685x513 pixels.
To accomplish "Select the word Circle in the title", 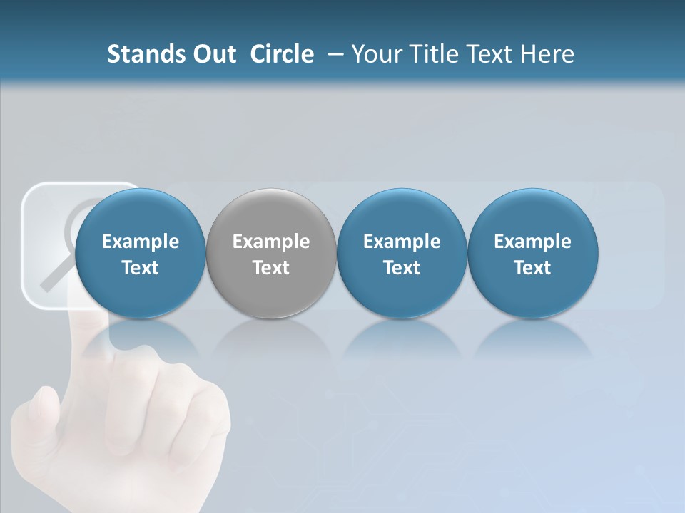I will (x=282, y=54).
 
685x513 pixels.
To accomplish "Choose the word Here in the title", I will (x=547, y=54).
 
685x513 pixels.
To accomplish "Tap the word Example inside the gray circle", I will (x=270, y=242).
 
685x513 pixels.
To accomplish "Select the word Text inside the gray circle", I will (x=270, y=268).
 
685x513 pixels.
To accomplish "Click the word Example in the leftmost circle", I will (x=140, y=242).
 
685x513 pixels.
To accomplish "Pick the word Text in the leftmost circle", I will (x=140, y=268).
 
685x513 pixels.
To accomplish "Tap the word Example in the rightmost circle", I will (x=532, y=242).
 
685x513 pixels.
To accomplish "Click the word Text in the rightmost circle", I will (x=532, y=268).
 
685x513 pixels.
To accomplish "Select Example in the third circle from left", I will (x=402, y=242).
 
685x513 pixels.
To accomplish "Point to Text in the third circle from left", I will (x=402, y=268).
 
